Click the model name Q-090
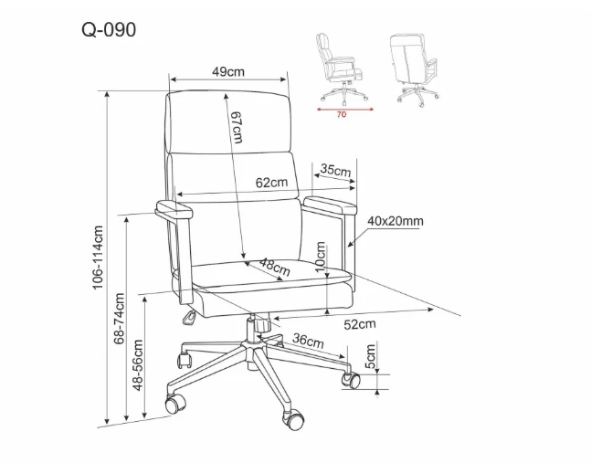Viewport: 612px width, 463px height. pos(109,29)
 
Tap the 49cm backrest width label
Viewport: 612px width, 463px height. pos(228,72)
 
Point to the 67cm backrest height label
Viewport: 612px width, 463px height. pos(237,127)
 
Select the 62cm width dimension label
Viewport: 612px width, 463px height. pos(271,182)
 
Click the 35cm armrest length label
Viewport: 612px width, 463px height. pos(335,170)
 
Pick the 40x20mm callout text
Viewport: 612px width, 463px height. pos(396,221)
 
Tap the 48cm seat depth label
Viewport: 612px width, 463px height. pos(275,267)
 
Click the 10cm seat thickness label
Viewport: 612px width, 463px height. pos(320,257)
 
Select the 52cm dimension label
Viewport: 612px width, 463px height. pos(360,324)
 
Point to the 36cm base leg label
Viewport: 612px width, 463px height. pos(309,340)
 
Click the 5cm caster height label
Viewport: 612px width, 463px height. pos(370,356)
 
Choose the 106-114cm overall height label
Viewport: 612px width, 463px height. pos(98,258)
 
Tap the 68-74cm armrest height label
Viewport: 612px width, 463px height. pos(119,319)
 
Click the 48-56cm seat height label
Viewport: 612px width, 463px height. pos(138,365)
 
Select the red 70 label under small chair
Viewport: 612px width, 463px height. pos(341,115)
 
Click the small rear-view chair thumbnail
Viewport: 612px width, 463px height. pos(414,69)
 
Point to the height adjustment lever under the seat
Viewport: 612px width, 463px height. pos(189,318)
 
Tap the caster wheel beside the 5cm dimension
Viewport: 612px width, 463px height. pos(351,380)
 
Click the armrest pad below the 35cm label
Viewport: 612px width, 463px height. pos(330,205)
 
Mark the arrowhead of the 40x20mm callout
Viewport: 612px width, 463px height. pos(350,245)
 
